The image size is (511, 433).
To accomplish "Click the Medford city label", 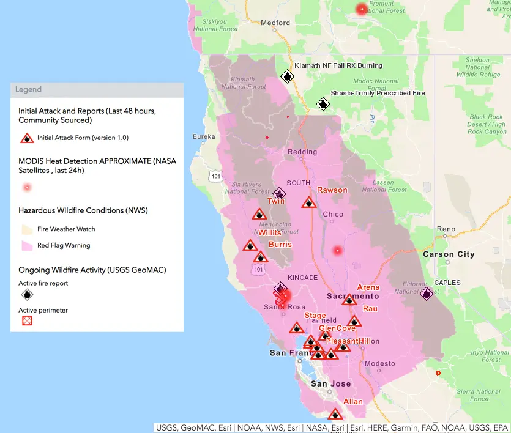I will (x=275, y=23).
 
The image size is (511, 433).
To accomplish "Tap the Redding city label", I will (x=302, y=152).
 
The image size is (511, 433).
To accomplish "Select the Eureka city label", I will (x=204, y=136).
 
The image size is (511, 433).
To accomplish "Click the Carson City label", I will (x=449, y=254).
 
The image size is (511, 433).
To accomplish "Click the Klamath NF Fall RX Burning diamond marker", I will (x=286, y=76).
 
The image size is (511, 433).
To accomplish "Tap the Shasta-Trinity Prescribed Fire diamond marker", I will (x=323, y=105).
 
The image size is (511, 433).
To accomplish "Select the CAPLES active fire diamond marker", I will (x=427, y=294).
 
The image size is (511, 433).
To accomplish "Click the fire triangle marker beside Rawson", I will (x=309, y=202).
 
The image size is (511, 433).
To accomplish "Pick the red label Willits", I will (x=270, y=233).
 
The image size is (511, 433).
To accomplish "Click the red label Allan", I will (x=352, y=402).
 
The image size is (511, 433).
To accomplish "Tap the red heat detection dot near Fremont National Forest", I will (x=362, y=9).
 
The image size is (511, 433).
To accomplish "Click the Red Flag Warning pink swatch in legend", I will (x=27, y=245).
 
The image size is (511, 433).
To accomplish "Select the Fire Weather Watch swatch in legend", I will (x=27, y=229).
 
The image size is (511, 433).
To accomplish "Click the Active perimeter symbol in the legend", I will (x=27, y=320).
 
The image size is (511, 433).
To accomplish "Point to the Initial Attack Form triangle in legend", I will (x=27, y=138).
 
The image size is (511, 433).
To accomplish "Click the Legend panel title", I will (x=29, y=89).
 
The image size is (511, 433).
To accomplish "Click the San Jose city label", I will (x=330, y=383).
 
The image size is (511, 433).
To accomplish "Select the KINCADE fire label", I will (x=302, y=278).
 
